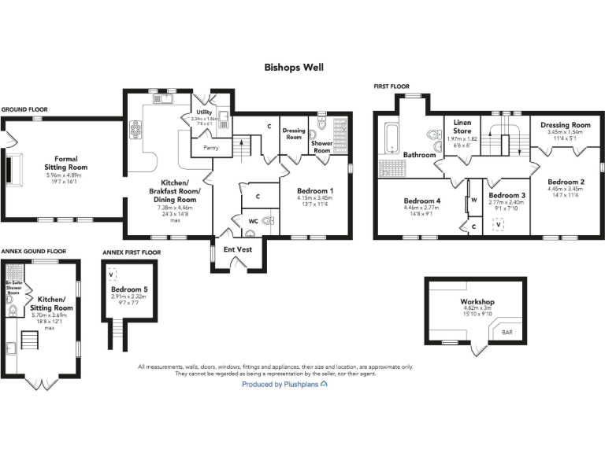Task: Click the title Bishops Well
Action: (293, 68)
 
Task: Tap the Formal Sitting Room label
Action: (66, 163)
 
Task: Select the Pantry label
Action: (211, 147)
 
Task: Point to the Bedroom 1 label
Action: (315, 191)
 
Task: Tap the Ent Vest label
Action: (238, 249)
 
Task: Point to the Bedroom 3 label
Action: (507, 195)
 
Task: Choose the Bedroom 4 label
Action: (422, 200)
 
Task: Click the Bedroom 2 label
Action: (566, 181)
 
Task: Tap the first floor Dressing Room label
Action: (565, 125)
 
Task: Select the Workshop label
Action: (477, 302)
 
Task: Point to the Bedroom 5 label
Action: (129, 290)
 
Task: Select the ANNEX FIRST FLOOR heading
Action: (131, 252)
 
